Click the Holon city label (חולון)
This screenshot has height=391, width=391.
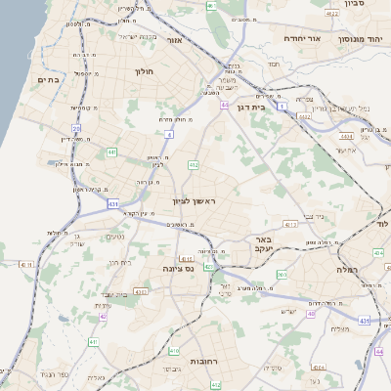pyautogui.click(x=143, y=71)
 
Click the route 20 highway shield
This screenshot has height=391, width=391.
pyautogui.click(x=76, y=128)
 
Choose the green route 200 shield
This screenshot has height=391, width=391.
pyautogui.click(x=282, y=275)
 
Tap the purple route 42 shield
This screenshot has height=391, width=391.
pyautogui.click(x=102, y=316)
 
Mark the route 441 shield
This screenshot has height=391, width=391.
pyautogui.click(x=112, y=152)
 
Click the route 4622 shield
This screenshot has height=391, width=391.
pyautogui.click(x=332, y=15)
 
